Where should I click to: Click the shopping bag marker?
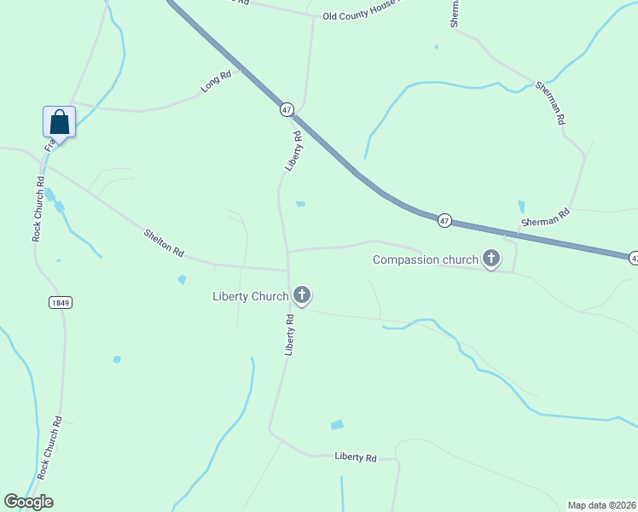coord(59,121)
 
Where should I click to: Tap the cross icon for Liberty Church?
coord(301,295)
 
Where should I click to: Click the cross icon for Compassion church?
coord(491,258)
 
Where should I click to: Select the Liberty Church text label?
coord(250,297)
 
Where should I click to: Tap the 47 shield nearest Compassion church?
coord(444,220)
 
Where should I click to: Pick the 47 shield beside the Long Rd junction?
coord(287,110)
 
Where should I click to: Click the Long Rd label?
coord(216,82)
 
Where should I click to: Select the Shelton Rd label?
coord(164,241)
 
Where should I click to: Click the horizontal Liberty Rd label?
coord(356,457)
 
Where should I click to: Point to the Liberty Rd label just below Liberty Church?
coord(290,335)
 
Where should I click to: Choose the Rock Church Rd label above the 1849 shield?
coord(38,208)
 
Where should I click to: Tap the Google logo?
coord(28,502)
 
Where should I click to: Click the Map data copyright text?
coord(601,505)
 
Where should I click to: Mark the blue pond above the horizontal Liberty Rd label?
coord(337,425)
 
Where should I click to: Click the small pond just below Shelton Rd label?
coord(182,279)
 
